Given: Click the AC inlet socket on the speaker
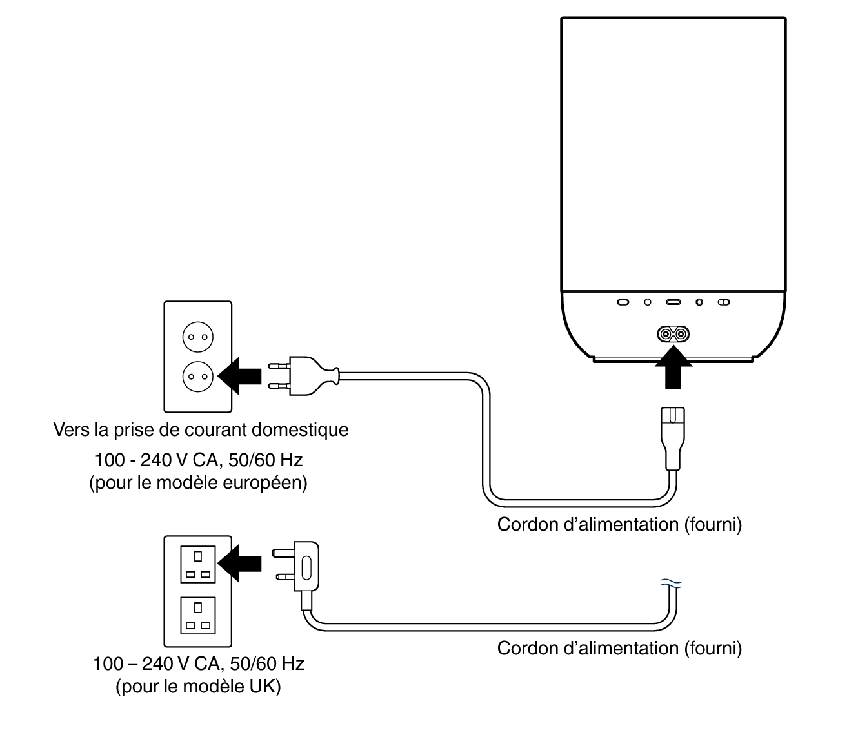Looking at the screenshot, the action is click(673, 333).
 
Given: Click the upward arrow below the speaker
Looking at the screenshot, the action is click(673, 368).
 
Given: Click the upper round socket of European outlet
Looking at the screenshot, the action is click(197, 337).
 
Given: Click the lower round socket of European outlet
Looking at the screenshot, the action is click(197, 376).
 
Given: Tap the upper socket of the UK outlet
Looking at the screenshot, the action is click(198, 564).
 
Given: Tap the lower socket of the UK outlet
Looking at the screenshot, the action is click(198, 616).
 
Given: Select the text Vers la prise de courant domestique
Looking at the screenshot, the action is click(201, 429).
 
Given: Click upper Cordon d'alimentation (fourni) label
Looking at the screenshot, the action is click(619, 524).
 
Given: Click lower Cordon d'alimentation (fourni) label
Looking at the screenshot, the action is click(619, 648).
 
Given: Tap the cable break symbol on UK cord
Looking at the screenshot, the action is click(672, 584).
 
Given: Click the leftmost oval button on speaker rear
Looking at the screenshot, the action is click(623, 302).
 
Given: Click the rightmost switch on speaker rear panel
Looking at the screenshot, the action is click(724, 302).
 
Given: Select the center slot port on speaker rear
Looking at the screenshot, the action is click(673, 302).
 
